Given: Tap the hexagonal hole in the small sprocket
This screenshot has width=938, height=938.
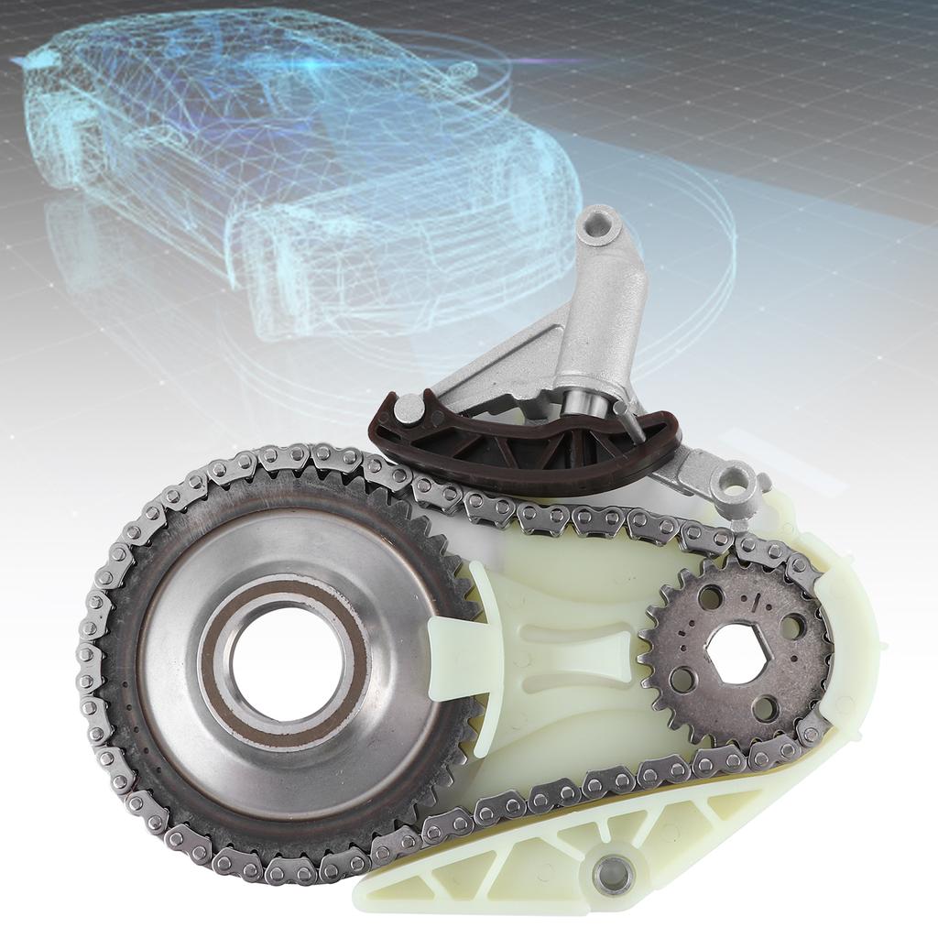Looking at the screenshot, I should tap(736, 653).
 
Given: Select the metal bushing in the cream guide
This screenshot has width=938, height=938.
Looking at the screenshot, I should tap(613, 875).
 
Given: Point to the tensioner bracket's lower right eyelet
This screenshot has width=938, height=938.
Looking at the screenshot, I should tap(737, 483).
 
